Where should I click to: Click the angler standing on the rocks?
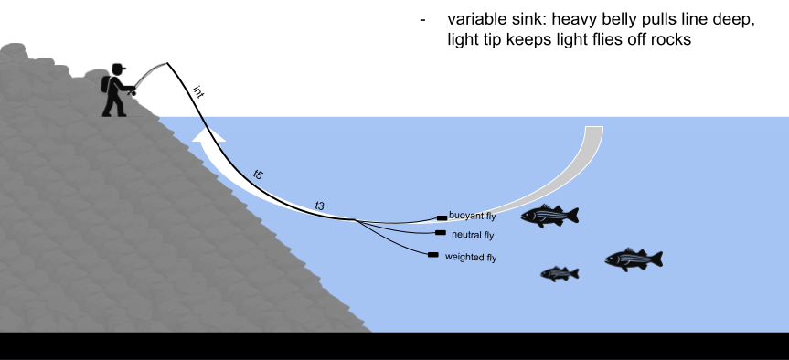point(114,90)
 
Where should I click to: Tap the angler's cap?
point(119,69)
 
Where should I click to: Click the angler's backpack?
point(105,85)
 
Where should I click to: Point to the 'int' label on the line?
point(199,91)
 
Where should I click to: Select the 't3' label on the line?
point(320,206)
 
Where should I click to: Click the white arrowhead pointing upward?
point(208,137)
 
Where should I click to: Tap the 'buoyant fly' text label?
point(473,216)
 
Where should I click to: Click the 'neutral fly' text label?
point(473,235)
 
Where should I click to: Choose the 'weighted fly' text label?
point(470,258)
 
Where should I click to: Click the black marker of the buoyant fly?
point(442,217)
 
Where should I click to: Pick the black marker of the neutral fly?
point(441,233)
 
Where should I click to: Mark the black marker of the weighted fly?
point(432,255)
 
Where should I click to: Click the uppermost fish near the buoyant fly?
point(549,216)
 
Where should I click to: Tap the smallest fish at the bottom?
point(559,273)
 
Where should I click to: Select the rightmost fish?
point(633,259)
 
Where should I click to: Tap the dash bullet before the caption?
point(422,20)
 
